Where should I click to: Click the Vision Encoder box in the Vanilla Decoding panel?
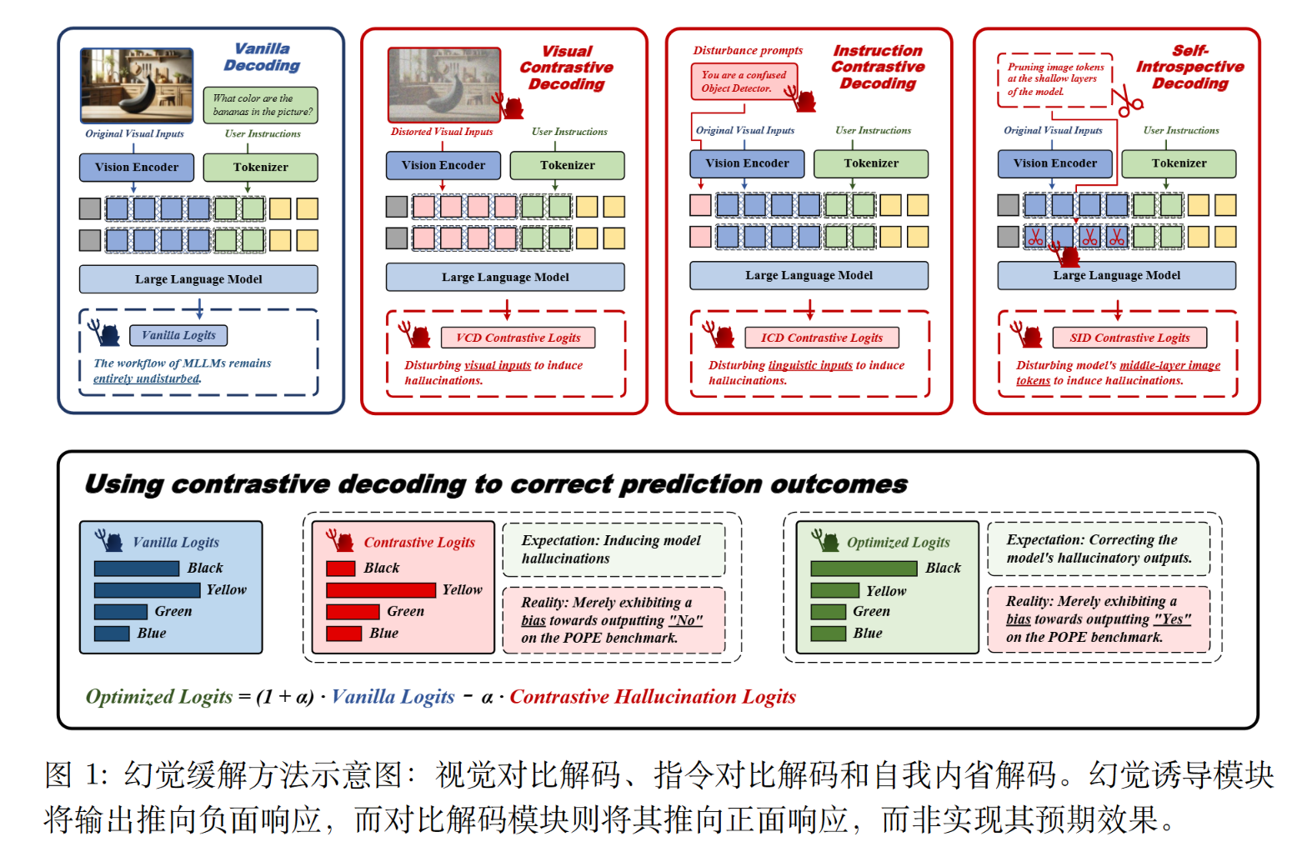click(136, 167)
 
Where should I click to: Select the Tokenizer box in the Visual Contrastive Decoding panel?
click(567, 165)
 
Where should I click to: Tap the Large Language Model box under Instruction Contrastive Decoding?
click(809, 275)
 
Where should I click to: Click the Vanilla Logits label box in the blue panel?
click(178, 335)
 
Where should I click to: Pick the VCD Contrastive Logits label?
click(518, 338)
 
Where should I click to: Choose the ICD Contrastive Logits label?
click(821, 338)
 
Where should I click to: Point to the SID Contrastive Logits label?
click(1129, 338)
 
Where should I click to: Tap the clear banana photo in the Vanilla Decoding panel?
click(137, 85)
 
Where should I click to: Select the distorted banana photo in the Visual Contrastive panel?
click(444, 84)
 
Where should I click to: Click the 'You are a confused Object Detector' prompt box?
click(744, 82)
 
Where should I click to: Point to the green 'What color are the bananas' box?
click(261, 105)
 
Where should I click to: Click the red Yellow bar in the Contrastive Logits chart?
click(381, 590)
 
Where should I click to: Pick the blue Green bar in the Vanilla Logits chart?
click(121, 612)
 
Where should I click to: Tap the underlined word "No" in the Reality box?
click(685, 620)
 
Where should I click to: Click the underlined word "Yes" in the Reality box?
click(1172, 619)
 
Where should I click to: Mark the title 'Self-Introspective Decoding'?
click(1189, 67)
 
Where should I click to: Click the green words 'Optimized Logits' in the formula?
click(159, 697)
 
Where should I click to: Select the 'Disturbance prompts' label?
click(748, 50)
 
